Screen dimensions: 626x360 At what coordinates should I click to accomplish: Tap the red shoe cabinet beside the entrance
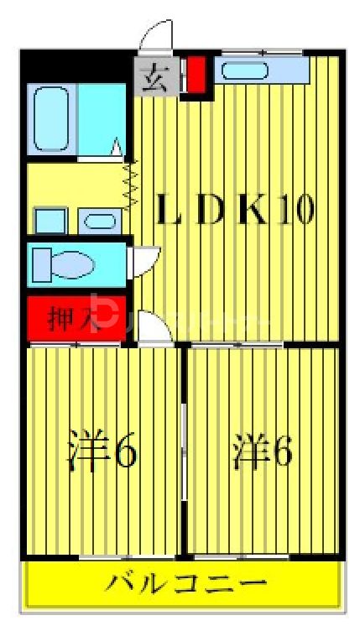tap(196, 75)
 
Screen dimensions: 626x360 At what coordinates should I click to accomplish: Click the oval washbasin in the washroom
tap(102, 222)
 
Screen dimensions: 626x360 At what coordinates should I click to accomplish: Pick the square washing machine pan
tap(50, 222)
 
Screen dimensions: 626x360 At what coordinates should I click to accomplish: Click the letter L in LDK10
tap(172, 210)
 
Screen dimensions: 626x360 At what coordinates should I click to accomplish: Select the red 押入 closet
tap(76, 319)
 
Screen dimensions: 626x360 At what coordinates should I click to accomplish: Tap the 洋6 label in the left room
tap(101, 453)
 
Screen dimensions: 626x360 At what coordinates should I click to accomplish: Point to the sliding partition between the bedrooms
tap(184, 449)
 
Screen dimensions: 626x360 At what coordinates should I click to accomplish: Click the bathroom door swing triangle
tap(117, 149)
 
